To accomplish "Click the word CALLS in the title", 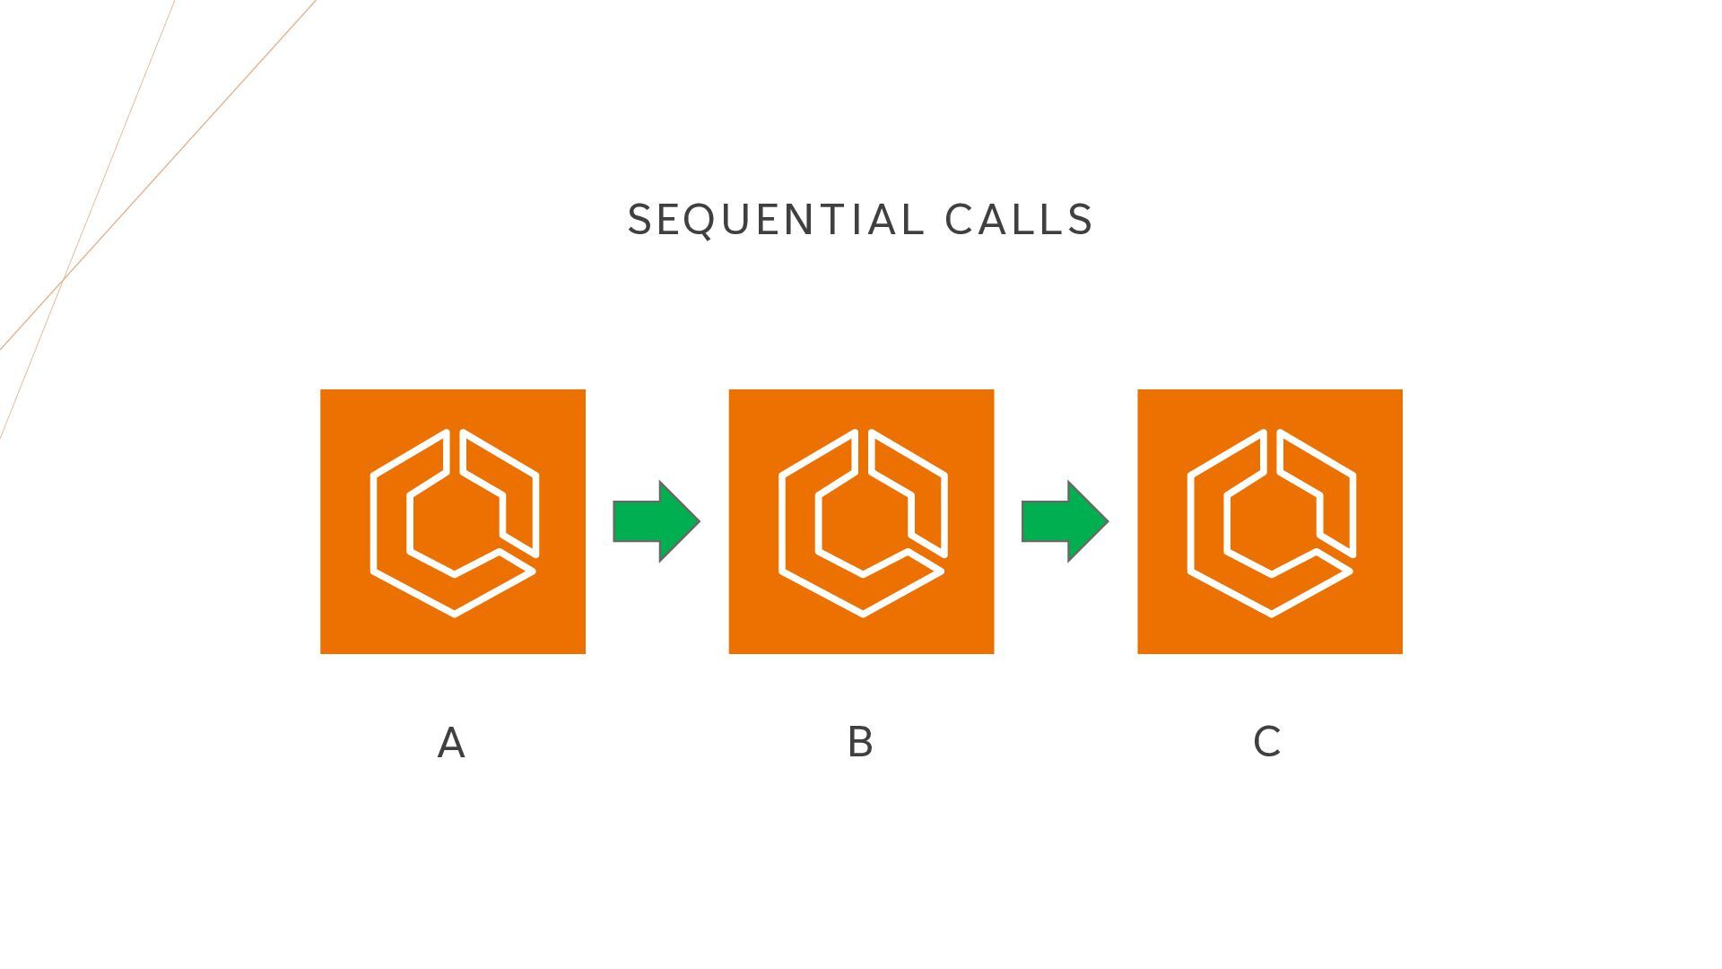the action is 1019,221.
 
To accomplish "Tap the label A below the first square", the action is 451,744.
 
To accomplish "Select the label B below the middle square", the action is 860,743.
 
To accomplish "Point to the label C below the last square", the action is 1266,742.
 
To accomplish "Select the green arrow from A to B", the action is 655,521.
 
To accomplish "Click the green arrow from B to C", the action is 1064,521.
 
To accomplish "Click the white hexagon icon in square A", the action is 454,522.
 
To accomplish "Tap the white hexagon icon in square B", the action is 862,522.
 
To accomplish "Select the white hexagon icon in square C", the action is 1271,522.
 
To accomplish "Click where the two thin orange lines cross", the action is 62,281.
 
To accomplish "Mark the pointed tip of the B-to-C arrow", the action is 1106,521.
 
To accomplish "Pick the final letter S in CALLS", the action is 1080,221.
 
